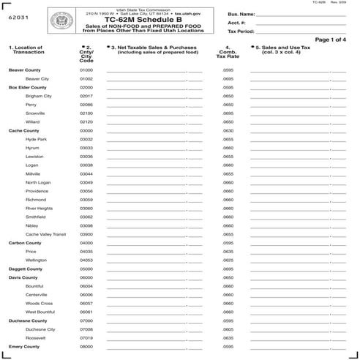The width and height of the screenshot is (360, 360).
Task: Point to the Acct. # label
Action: pos(236,23)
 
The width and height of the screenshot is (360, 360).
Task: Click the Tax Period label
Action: pos(241,31)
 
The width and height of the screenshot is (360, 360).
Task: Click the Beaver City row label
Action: pos(37,78)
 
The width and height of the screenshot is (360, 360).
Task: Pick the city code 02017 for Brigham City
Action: pos(86,96)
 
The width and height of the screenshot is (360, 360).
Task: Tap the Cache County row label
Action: pos(24,130)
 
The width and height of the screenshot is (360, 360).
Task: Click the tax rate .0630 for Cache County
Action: pos(228,130)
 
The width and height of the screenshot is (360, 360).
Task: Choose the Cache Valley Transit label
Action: pos(45,234)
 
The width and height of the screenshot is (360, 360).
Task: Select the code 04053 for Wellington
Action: pos(86,260)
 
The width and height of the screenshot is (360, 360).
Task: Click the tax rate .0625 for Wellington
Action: pos(228,260)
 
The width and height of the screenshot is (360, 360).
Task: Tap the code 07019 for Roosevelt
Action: pos(86,337)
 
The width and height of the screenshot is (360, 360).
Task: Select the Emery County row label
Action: pos(24,346)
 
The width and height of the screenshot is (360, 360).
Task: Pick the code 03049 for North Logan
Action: pos(86,182)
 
